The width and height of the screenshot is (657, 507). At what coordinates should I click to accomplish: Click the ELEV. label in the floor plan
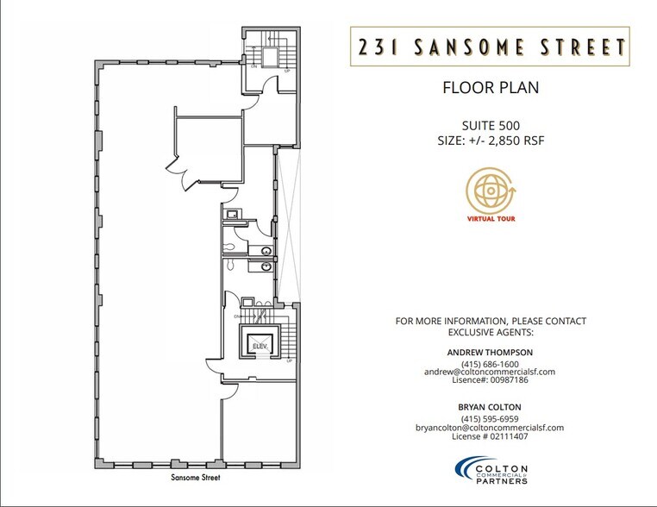(260, 346)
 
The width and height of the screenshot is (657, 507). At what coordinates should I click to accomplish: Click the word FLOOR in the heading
(466, 88)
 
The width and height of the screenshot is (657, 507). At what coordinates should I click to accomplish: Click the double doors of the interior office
(178, 163)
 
